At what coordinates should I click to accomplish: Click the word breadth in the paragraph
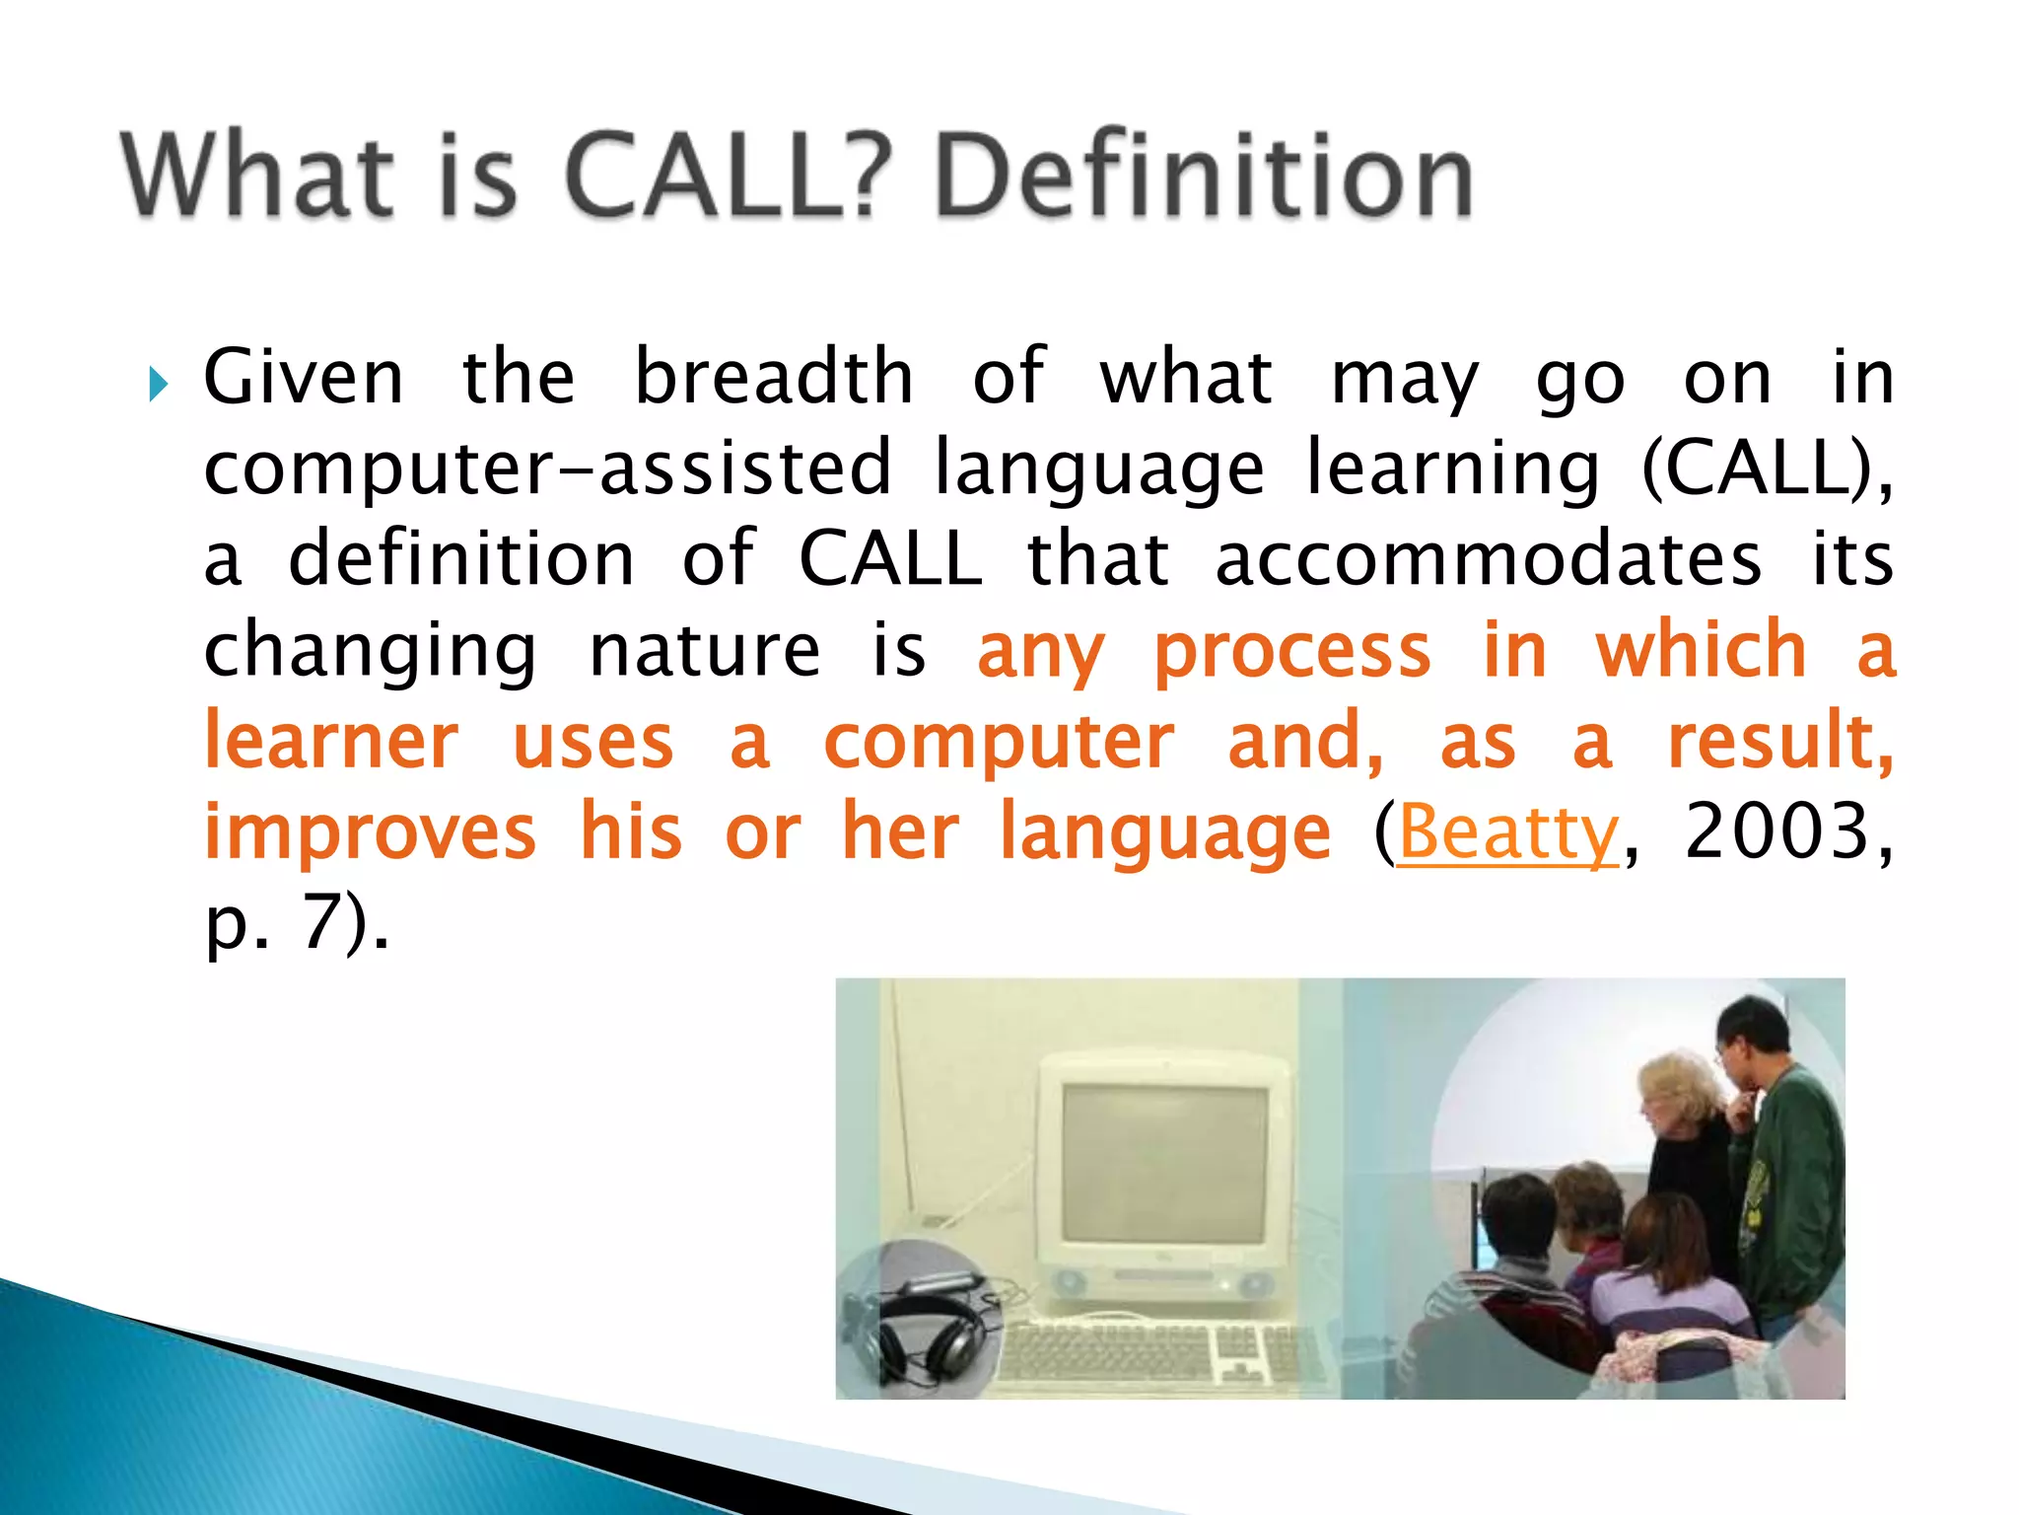click(x=774, y=377)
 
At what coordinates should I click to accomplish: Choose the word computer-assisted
click(x=547, y=469)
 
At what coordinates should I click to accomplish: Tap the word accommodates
click(x=1488, y=559)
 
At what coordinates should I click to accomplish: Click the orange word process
click(x=1291, y=651)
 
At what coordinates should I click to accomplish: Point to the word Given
click(x=304, y=377)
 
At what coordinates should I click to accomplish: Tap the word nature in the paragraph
click(x=704, y=651)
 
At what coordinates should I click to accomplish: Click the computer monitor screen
click(x=1165, y=1164)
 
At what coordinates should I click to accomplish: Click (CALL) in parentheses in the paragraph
click(x=1765, y=469)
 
